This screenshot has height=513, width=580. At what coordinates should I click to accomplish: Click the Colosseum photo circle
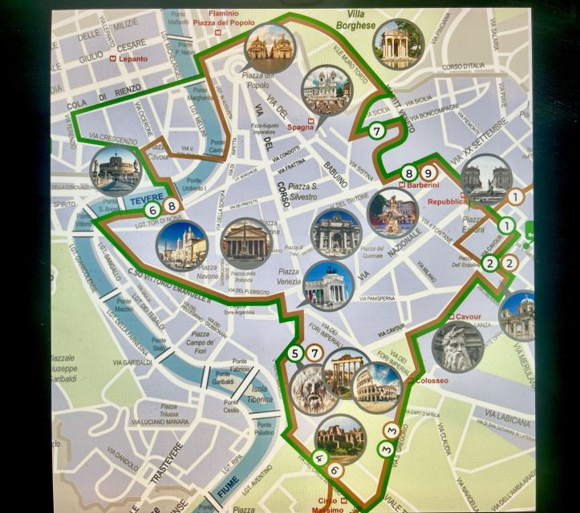point(377,386)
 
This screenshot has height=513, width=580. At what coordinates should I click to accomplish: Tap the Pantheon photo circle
point(246,243)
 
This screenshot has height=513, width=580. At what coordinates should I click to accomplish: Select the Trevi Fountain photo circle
point(336,234)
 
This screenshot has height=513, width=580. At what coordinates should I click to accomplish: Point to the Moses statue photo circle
point(458,346)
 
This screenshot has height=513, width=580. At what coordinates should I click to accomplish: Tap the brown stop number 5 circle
point(296,353)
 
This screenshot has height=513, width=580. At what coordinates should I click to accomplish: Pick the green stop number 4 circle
point(318,458)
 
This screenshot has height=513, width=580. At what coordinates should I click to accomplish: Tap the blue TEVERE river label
point(145,197)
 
